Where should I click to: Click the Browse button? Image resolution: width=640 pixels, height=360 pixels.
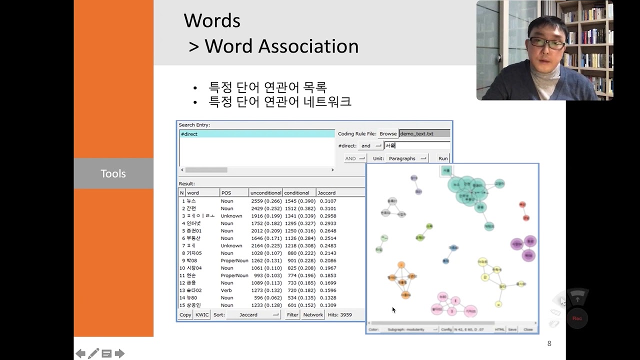(388, 133)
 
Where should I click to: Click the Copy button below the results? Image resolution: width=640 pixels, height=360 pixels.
(185, 315)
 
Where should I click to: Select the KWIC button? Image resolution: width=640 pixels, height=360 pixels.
(202, 315)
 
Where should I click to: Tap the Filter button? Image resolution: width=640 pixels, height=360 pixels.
(292, 315)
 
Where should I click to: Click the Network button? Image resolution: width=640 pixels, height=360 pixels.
(313, 315)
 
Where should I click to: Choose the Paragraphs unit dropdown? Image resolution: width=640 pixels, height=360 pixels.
(407, 158)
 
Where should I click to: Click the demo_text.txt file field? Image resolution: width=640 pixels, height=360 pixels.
(424, 133)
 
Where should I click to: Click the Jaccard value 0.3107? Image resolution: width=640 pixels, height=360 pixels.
(328, 201)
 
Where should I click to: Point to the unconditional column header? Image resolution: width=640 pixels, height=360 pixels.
(265, 193)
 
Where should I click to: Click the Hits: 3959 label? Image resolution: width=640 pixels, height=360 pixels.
(339, 315)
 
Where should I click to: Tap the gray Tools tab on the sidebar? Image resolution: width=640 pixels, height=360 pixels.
(113, 173)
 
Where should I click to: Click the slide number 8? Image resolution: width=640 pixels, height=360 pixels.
(549, 343)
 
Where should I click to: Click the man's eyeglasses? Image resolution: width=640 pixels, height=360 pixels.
(546, 43)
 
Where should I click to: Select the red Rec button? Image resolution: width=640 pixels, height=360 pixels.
(577, 318)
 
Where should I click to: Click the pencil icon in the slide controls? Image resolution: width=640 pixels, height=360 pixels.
(93, 353)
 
